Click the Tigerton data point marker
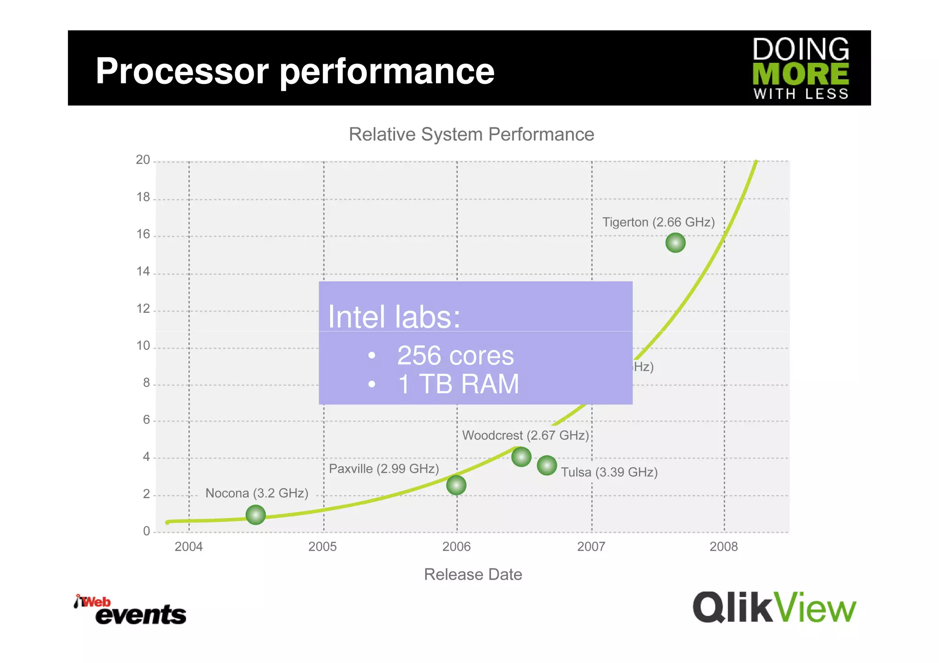(675, 243)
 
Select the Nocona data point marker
(255, 515)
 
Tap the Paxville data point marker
(456, 485)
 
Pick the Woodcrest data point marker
(521, 457)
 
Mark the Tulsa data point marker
(547, 466)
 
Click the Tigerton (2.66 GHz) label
(658, 222)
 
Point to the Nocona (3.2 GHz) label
(257, 493)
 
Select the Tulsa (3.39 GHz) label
(609, 472)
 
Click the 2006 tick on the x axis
(456, 546)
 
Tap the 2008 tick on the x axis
(724, 546)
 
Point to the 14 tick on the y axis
(143, 271)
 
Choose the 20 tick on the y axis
(143, 160)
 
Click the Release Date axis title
(473, 574)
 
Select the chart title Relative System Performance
(471, 134)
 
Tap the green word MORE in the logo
(801, 74)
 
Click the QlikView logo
(774, 608)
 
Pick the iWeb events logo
(130, 610)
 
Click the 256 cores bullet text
(455, 356)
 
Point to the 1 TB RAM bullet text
(458, 384)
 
